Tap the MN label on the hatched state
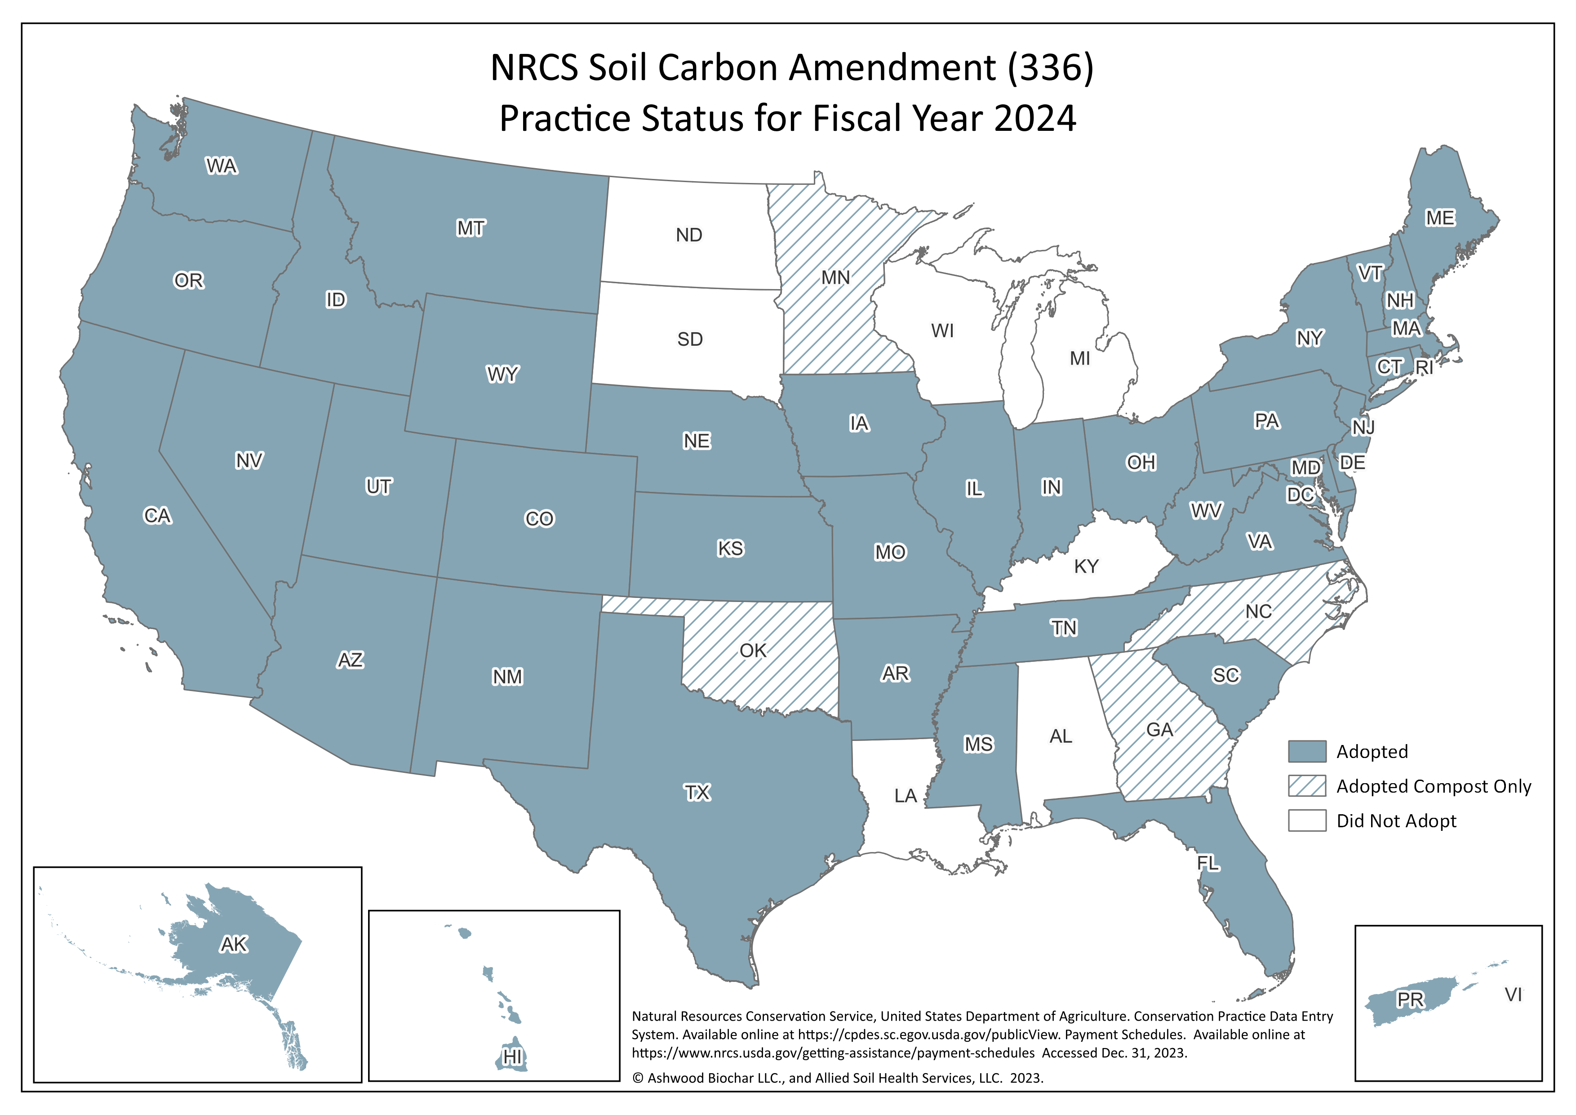(835, 278)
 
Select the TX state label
(697, 793)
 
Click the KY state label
(1086, 566)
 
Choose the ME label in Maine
(1439, 219)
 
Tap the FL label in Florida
(1208, 863)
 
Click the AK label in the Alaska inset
(233, 945)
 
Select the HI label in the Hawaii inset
(512, 1057)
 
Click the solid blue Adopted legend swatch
(1306, 751)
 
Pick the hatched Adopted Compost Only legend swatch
(1306, 786)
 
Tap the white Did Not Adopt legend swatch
(1306, 821)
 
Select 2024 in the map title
(1034, 119)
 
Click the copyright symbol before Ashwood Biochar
(638, 1079)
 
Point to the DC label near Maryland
(1299, 495)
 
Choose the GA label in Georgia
(1159, 730)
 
